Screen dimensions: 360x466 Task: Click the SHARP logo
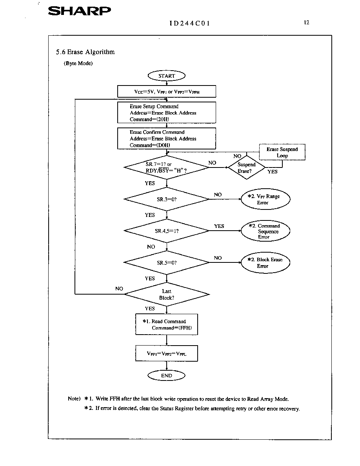(79, 11)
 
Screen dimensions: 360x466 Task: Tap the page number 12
(307, 23)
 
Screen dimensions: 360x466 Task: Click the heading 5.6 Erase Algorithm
(85, 52)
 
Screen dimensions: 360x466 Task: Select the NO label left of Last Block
(119, 289)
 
